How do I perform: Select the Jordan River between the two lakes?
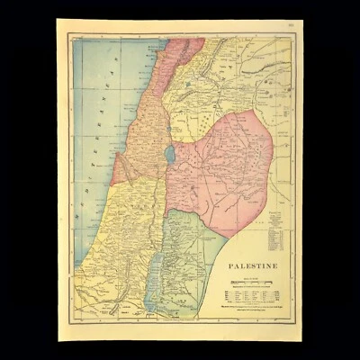[163, 216]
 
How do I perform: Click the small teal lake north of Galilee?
[188, 85]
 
